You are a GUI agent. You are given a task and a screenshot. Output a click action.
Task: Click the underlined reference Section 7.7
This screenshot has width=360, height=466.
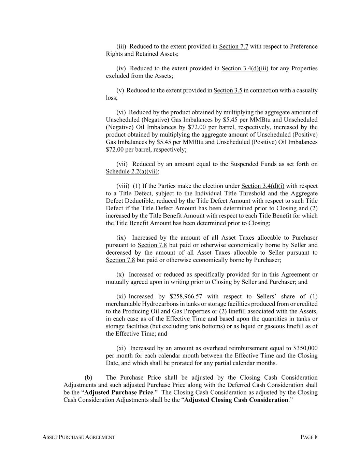click(x=233, y=46)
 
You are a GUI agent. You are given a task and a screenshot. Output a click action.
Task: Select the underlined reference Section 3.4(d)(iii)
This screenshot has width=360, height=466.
click(x=245, y=68)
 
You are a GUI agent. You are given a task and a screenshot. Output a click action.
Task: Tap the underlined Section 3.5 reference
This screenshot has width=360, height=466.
click(x=228, y=90)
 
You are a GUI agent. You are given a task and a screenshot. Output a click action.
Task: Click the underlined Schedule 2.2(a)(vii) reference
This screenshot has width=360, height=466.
click(x=132, y=171)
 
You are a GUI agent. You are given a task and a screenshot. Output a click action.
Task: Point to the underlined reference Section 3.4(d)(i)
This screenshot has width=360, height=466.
click(x=262, y=186)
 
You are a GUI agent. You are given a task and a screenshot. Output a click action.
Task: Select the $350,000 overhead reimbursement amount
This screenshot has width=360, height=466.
click(x=305, y=348)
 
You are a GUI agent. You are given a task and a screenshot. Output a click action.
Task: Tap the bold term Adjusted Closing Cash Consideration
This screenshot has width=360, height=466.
click(x=236, y=400)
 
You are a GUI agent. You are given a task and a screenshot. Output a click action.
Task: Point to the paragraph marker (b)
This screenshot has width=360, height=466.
click(x=88, y=378)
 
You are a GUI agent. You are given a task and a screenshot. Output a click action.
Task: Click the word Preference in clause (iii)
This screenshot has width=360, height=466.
click(x=303, y=46)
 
